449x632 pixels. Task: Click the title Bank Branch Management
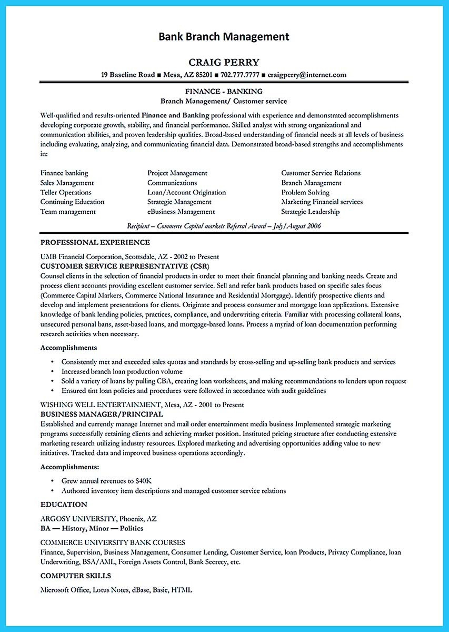pyautogui.click(x=224, y=36)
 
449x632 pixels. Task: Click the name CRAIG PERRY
pyautogui.click(x=224, y=62)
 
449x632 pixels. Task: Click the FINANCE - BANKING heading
pyautogui.click(x=224, y=92)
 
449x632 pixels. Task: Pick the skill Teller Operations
pyautogui.click(x=66, y=192)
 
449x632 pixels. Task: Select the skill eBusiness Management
pyautogui.click(x=181, y=212)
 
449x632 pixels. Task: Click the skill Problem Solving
pyautogui.click(x=305, y=192)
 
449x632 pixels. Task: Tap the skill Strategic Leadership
pyautogui.click(x=310, y=212)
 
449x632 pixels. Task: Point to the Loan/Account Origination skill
pyautogui.click(x=186, y=192)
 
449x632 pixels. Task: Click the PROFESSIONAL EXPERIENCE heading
pyautogui.click(x=95, y=242)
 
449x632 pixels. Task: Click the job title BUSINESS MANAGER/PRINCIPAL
pyautogui.click(x=102, y=414)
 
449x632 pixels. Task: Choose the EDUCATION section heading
pyautogui.click(x=64, y=505)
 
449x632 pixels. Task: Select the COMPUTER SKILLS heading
pyautogui.click(x=75, y=576)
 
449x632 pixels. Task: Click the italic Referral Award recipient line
pyautogui.click(x=224, y=226)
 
